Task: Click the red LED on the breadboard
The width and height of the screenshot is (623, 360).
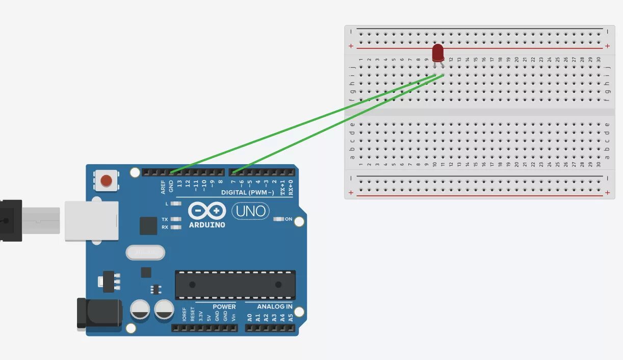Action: tap(437, 53)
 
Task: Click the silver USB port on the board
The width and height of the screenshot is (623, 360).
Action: tap(92, 221)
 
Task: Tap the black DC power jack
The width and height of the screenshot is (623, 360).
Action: tap(99, 313)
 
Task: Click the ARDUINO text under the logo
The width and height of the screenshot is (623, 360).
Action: tap(207, 225)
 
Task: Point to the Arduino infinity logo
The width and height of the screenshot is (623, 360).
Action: tap(206, 211)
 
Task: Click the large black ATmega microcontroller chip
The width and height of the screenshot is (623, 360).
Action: tap(235, 285)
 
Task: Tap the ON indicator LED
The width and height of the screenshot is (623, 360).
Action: tap(279, 219)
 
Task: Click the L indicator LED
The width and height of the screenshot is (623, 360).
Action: tap(176, 203)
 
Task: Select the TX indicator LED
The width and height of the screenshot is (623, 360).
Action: tap(176, 219)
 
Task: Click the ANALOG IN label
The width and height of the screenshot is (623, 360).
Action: tap(274, 306)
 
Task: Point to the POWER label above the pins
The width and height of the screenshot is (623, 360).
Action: tap(224, 306)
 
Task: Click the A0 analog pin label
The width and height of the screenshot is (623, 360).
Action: tap(249, 317)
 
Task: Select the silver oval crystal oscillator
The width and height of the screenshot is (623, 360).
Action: tap(145, 252)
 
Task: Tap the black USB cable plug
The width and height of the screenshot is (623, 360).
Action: tap(11, 221)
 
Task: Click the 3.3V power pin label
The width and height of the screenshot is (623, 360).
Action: tap(200, 315)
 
